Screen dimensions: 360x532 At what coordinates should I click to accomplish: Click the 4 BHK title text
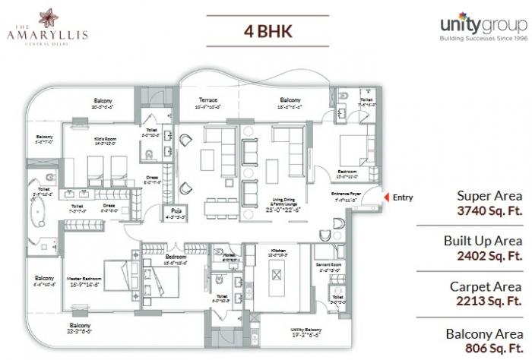click(x=264, y=33)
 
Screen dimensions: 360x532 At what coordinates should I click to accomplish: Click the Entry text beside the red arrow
click(x=403, y=197)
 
